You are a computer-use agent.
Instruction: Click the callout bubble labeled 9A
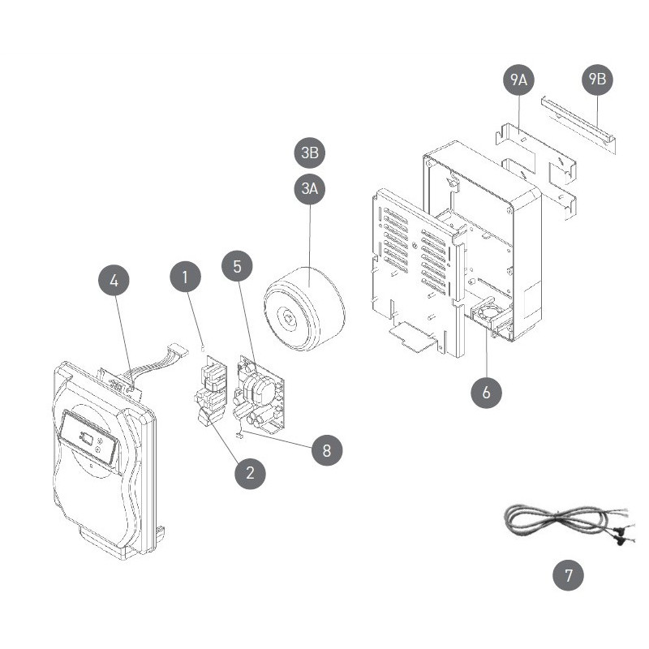point(518,80)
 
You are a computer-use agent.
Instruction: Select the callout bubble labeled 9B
point(597,79)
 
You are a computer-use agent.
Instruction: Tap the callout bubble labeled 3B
point(310,153)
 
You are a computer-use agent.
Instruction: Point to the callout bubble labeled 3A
point(310,189)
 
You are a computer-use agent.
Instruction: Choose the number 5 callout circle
point(237,266)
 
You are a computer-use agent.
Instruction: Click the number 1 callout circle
point(186,277)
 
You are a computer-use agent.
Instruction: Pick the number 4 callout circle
point(114,281)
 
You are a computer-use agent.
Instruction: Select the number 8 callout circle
point(327,450)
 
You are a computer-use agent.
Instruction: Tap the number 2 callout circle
point(250,473)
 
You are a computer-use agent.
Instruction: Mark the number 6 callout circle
point(486,393)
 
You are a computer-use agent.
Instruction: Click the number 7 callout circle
point(569,575)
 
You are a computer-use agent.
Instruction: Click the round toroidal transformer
point(304,309)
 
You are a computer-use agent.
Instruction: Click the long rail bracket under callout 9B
point(578,125)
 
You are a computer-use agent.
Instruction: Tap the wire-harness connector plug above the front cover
point(178,350)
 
